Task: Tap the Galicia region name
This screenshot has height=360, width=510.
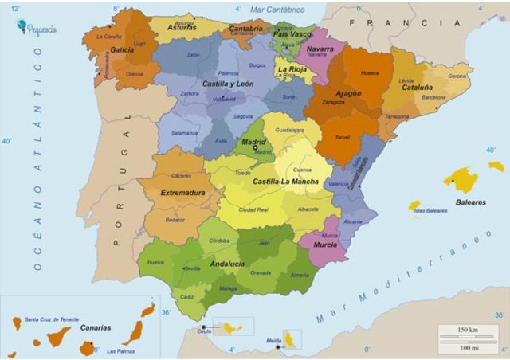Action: click(x=122, y=49)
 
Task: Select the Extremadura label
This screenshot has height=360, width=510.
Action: click(x=182, y=193)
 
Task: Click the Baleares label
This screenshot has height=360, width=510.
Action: click(x=470, y=202)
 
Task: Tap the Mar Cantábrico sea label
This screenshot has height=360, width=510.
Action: click(x=277, y=10)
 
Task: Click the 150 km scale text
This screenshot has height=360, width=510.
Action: click(x=469, y=329)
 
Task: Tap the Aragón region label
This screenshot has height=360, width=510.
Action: click(x=343, y=93)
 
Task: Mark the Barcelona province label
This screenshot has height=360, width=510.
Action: click(x=434, y=97)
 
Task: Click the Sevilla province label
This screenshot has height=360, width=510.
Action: click(x=192, y=268)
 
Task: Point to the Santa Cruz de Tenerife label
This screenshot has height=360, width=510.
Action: click(x=53, y=319)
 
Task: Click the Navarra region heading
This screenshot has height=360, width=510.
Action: click(x=320, y=49)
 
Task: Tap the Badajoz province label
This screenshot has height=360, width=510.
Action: click(x=175, y=220)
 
